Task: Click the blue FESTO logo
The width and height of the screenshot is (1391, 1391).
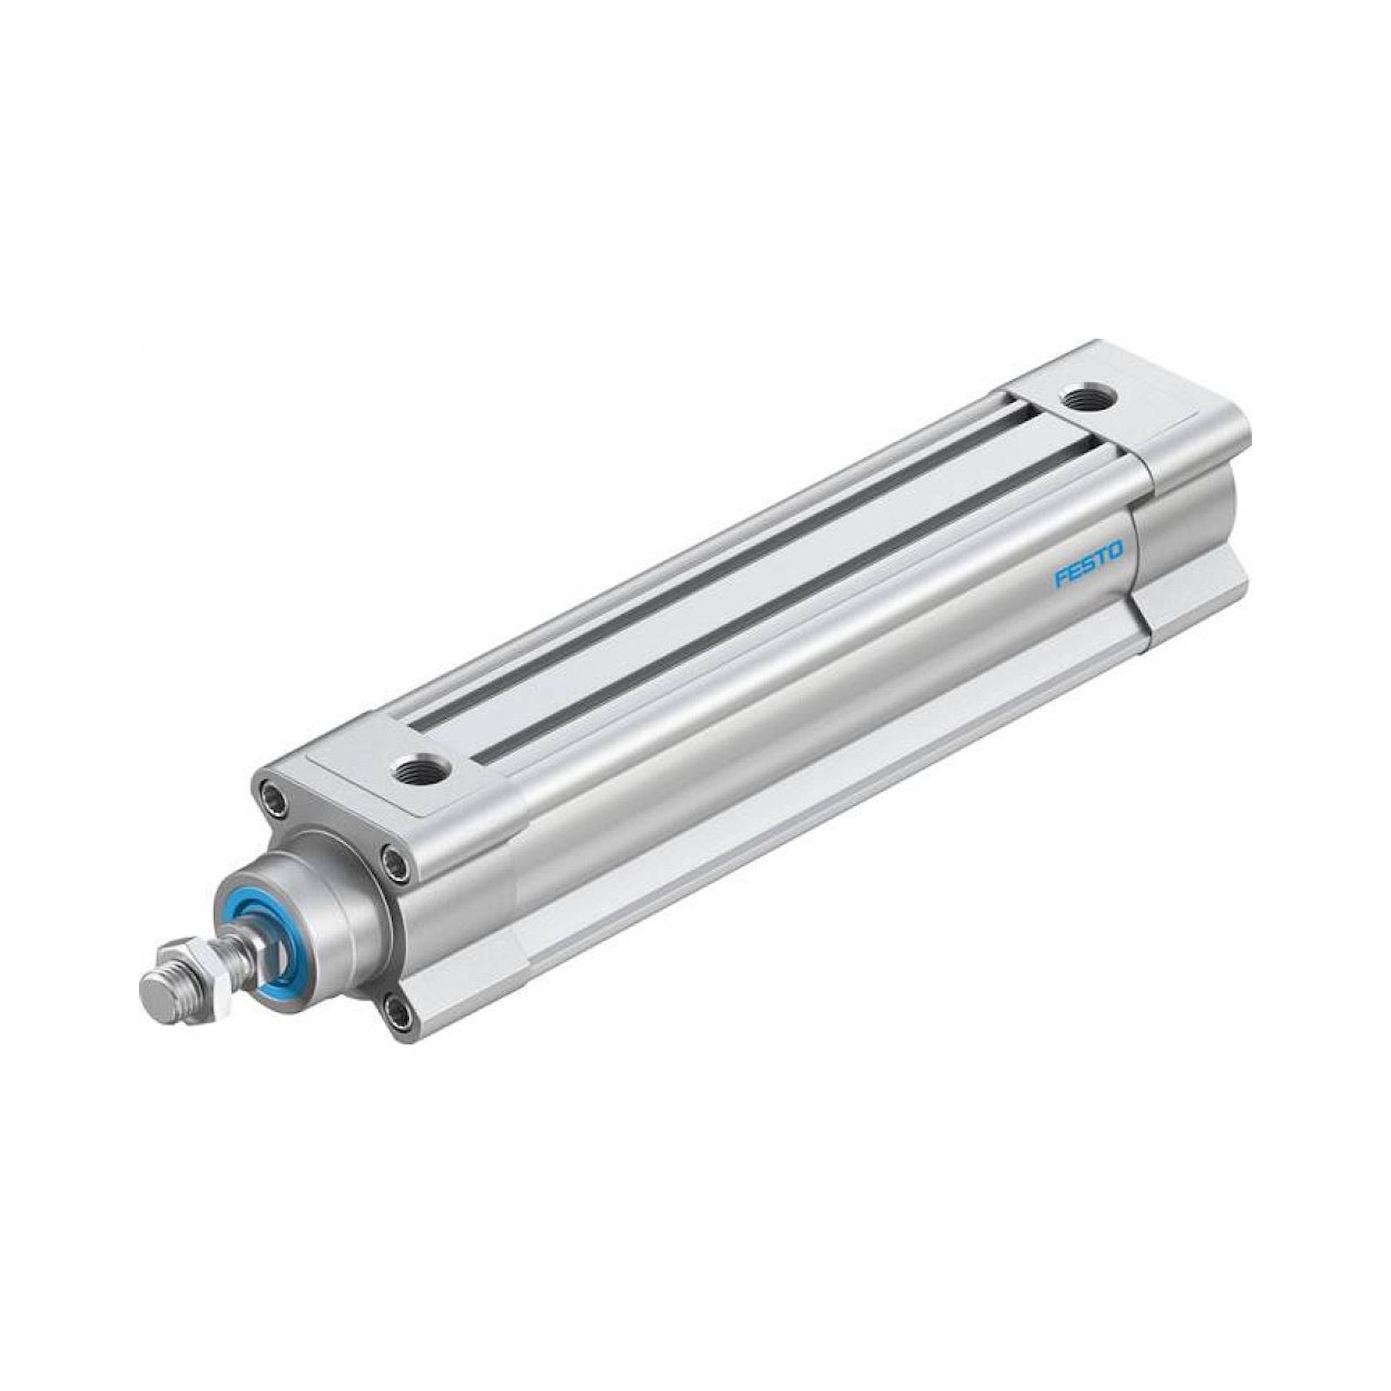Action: click(x=1088, y=556)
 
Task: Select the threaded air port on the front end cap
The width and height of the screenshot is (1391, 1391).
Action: click(x=421, y=771)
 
